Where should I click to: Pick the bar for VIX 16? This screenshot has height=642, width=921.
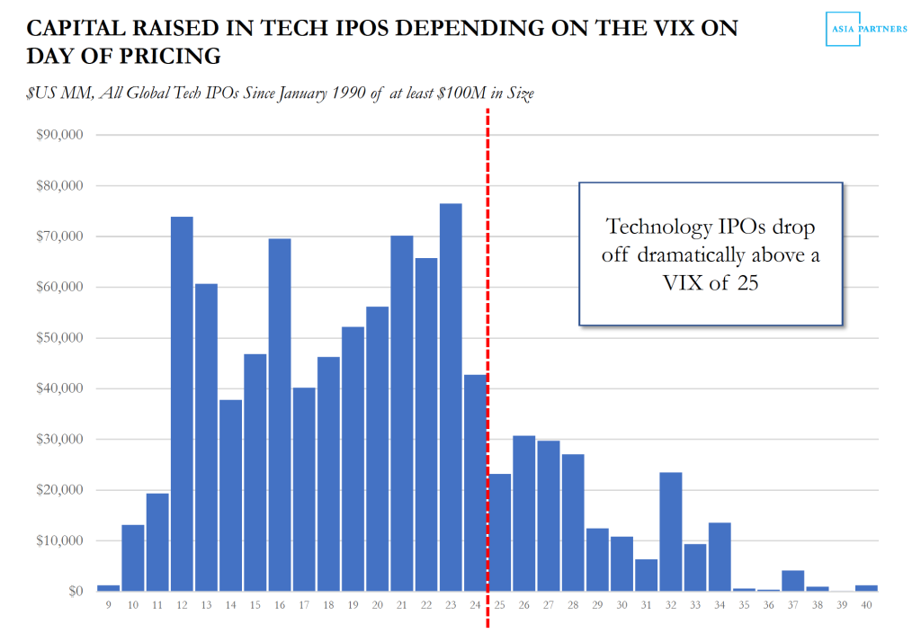coord(280,415)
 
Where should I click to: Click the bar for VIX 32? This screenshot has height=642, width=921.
coord(670,531)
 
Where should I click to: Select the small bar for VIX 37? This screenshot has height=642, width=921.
coord(792,581)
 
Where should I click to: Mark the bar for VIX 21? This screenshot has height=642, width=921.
coord(402,413)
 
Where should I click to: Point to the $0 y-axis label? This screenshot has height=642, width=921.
coord(74,592)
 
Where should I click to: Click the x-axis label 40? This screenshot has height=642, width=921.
coord(865,605)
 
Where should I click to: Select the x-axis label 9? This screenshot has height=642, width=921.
coord(109,605)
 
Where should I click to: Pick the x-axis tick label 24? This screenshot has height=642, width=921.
coord(475,605)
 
